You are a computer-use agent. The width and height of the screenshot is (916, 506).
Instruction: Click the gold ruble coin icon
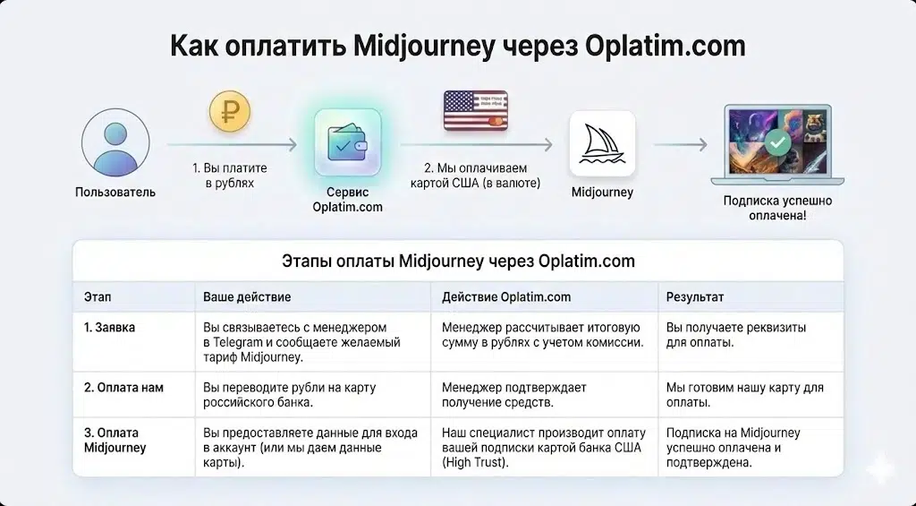point(230,111)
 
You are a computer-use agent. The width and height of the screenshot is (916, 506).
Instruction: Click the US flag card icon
point(476,112)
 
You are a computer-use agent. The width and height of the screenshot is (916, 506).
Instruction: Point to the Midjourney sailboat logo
point(602,143)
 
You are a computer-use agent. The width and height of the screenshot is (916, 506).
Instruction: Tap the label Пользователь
point(114,192)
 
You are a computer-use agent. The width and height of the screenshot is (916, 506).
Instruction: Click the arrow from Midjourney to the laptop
point(680,143)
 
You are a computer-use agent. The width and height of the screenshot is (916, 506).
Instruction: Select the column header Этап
point(98,296)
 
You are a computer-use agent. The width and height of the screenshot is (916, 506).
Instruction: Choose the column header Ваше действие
point(247,296)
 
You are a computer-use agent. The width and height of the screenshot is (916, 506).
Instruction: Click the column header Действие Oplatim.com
point(506,296)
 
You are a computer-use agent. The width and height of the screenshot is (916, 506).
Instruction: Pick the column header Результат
point(695,296)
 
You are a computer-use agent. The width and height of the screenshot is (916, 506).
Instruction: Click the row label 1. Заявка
point(109,328)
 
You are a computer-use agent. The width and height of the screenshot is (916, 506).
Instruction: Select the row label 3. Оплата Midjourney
point(114,440)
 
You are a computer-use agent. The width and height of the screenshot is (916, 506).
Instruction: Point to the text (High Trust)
point(476,463)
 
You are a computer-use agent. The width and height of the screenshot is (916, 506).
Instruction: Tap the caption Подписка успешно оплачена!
point(776,209)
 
